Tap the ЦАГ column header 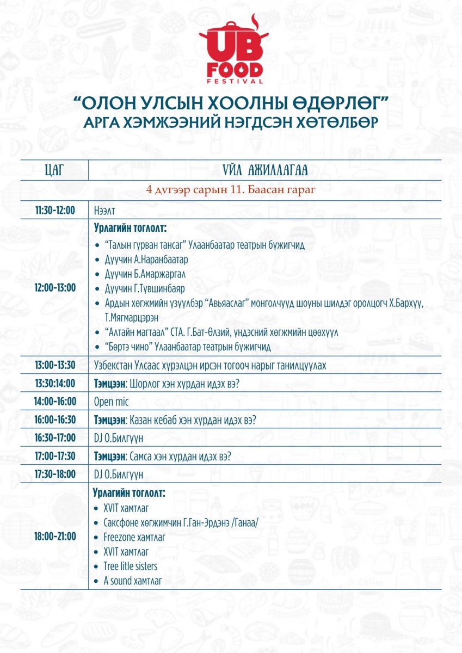[x=54, y=170]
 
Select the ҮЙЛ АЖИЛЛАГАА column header [x=265, y=170]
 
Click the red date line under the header [x=231, y=190]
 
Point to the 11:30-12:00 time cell [x=54, y=210]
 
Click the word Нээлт [x=106, y=210]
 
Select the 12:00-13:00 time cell [x=54, y=287]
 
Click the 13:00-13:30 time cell [x=54, y=365]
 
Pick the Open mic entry [x=110, y=402]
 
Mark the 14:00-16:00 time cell [x=54, y=402]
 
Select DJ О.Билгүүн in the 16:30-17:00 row [x=119, y=438]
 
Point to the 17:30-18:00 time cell [x=54, y=475]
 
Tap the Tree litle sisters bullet [x=130, y=566]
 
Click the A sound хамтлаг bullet [x=132, y=581]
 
